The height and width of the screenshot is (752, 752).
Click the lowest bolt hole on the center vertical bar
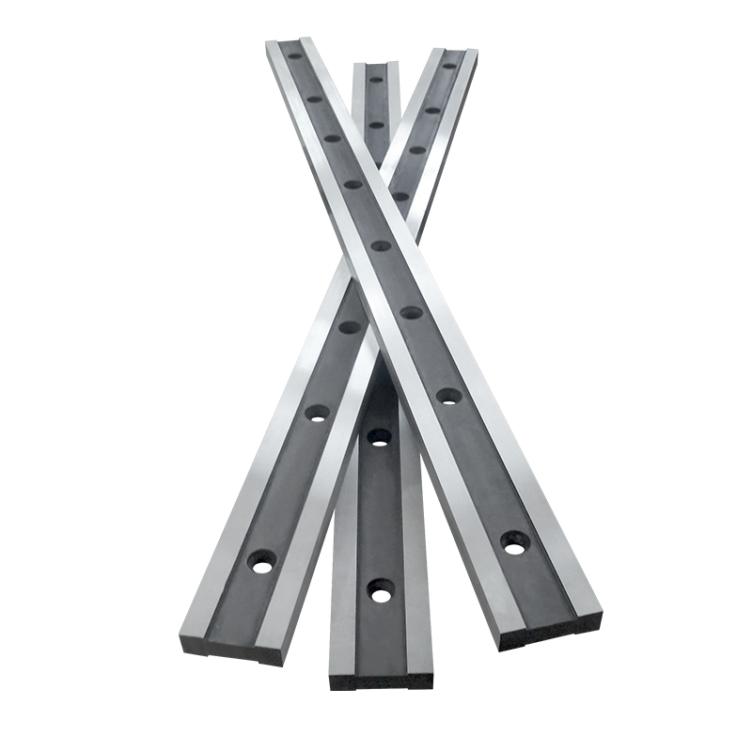(381, 589)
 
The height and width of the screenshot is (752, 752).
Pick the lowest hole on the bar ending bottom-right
(513, 540)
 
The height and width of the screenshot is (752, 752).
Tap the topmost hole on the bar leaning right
(448, 67)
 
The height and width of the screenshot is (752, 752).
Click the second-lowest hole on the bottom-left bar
(317, 412)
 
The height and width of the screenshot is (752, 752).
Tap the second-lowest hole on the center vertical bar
(379, 434)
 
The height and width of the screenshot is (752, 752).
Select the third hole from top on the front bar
(332, 138)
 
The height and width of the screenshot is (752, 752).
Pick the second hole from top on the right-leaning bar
(432, 110)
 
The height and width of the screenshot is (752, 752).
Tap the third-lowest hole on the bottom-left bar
(349, 328)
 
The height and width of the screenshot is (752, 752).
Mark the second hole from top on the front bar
(314, 97)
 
